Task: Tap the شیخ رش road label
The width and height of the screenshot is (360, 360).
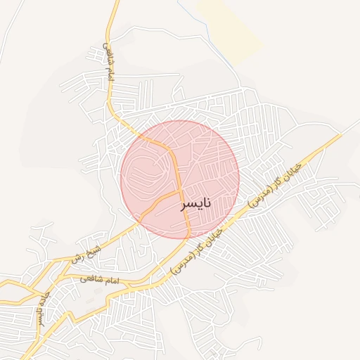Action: click(86, 255)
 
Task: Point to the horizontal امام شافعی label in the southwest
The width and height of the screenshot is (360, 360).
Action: click(101, 280)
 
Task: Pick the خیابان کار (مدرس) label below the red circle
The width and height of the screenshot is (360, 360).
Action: click(198, 252)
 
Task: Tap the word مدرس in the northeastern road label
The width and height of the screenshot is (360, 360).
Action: click(262, 194)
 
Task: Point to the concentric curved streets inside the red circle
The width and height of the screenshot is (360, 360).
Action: click(149, 172)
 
